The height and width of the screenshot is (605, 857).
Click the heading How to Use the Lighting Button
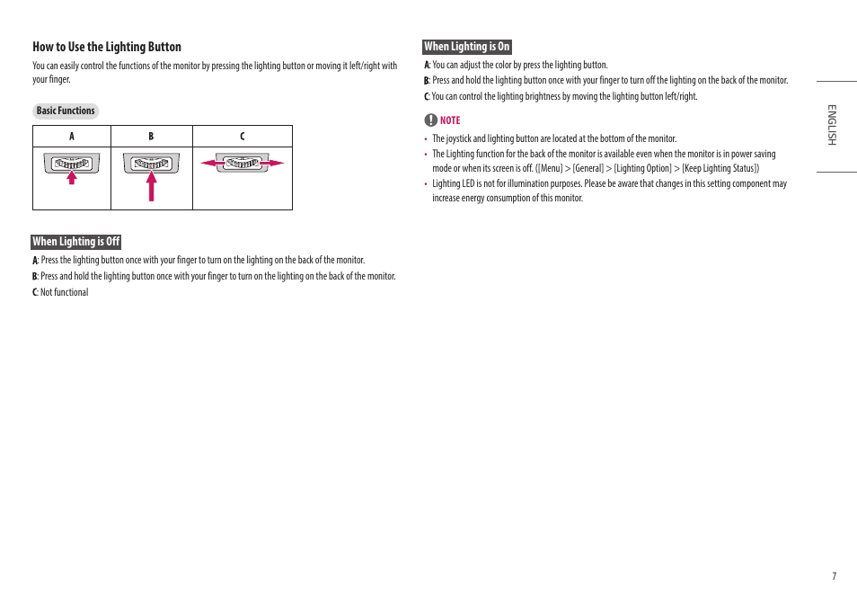click(107, 47)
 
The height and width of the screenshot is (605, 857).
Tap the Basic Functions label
click(66, 111)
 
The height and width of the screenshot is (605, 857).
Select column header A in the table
click(72, 137)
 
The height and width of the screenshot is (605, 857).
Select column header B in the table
click(151, 137)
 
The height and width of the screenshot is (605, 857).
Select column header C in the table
click(242, 137)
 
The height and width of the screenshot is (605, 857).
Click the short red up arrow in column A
click(72, 177)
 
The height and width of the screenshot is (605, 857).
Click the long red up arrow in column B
click(152, 186)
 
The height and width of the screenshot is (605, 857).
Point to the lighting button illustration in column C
click(242, 163)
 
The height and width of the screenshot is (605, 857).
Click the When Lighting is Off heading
click(76, 242)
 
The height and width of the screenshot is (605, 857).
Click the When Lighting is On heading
click(466, 47)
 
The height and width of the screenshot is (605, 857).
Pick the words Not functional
click(65, 292)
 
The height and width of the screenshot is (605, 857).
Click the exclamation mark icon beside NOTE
click(430, 120)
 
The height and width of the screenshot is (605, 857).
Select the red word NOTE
click(450, 120)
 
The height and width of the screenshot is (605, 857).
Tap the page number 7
click(834, 576)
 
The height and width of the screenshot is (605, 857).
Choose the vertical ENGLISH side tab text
click(832, 125)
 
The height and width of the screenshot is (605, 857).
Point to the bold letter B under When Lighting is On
click(427, 81)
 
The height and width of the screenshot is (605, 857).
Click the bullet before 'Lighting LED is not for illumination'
click(426, 184)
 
